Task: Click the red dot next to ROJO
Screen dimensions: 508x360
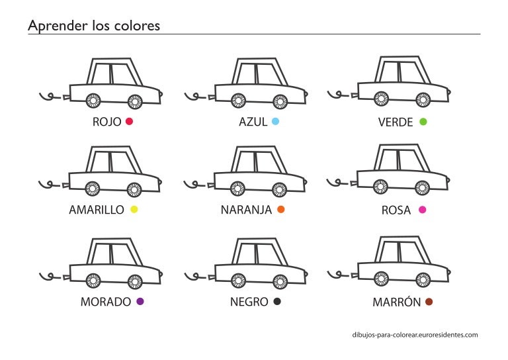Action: pos(129,122)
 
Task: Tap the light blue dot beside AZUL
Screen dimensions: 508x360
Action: pos(275,122)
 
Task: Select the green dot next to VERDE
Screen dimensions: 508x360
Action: pos(423,122)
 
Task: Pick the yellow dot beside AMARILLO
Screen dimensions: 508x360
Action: pos(134,209)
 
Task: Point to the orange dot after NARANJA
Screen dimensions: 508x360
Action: pos(280,209)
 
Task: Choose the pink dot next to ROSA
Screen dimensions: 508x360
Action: pos(422,210)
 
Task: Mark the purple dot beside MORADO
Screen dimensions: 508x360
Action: pos(140,301)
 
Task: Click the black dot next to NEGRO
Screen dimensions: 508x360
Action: pos(277,301)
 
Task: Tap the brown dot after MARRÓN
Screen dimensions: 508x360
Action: pos(429,302)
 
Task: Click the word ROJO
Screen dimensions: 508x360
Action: pos(106,122)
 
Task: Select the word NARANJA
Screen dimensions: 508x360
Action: pos(246,210)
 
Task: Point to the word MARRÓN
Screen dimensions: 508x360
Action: pos(397,301)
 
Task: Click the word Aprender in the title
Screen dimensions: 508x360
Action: pos(58,26)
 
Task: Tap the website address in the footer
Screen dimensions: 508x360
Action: pos(415,335)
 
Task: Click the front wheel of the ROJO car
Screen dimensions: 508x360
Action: pos(135,102)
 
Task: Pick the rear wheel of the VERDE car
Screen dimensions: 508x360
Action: pos(381,99)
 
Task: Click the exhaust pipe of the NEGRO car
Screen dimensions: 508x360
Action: pos(211,277)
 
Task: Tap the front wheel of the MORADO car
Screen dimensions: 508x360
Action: pos(135,282)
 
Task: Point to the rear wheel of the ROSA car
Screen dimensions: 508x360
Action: pos(381,187)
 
